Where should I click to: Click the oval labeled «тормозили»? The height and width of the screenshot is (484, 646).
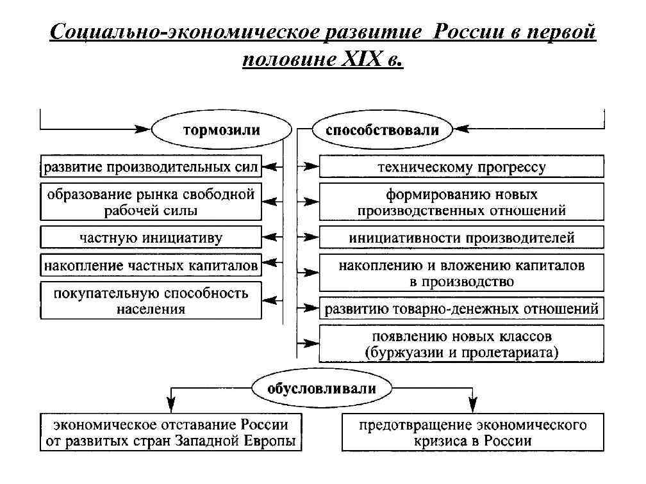(222, 131)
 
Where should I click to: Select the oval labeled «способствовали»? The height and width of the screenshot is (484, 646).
(382, 131)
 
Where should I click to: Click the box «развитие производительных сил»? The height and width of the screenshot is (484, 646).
(151, 168)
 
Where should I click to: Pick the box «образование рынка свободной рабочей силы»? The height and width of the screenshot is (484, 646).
(151, 202)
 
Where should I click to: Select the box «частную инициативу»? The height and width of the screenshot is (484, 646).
(151, 238)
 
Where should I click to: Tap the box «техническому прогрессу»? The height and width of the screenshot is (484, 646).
(461, 168)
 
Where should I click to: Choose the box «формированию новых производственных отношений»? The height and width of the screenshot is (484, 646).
(461, 202)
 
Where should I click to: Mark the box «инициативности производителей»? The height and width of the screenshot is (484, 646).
(461, 238)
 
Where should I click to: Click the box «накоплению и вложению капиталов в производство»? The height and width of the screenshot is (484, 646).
(461, 273)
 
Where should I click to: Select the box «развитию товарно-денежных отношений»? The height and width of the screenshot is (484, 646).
(461, 309)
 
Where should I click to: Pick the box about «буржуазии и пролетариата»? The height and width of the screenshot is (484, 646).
(461, 344)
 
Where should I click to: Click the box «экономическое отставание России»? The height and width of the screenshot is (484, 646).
(170, 433)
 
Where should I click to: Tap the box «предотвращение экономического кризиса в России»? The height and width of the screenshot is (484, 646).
(472, 433)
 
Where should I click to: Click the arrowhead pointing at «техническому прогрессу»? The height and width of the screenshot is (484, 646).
(311, 168)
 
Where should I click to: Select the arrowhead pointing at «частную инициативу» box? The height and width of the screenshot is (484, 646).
(270, 238)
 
